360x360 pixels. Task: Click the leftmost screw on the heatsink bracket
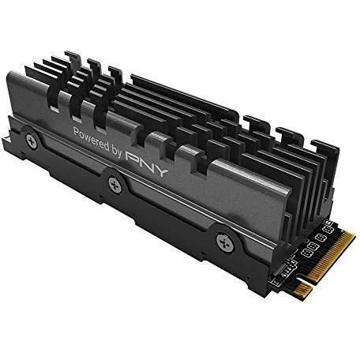[x=32, y=141]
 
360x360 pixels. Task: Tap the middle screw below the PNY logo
[x=115, y=185]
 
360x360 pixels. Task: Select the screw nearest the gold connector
[x=225, y=243]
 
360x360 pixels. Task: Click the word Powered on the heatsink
[x=91, y=139]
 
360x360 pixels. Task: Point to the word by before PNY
[x=117, y=152]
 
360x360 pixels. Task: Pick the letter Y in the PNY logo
[x=160, y=171]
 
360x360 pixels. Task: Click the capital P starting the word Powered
[x=77, y=132]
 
